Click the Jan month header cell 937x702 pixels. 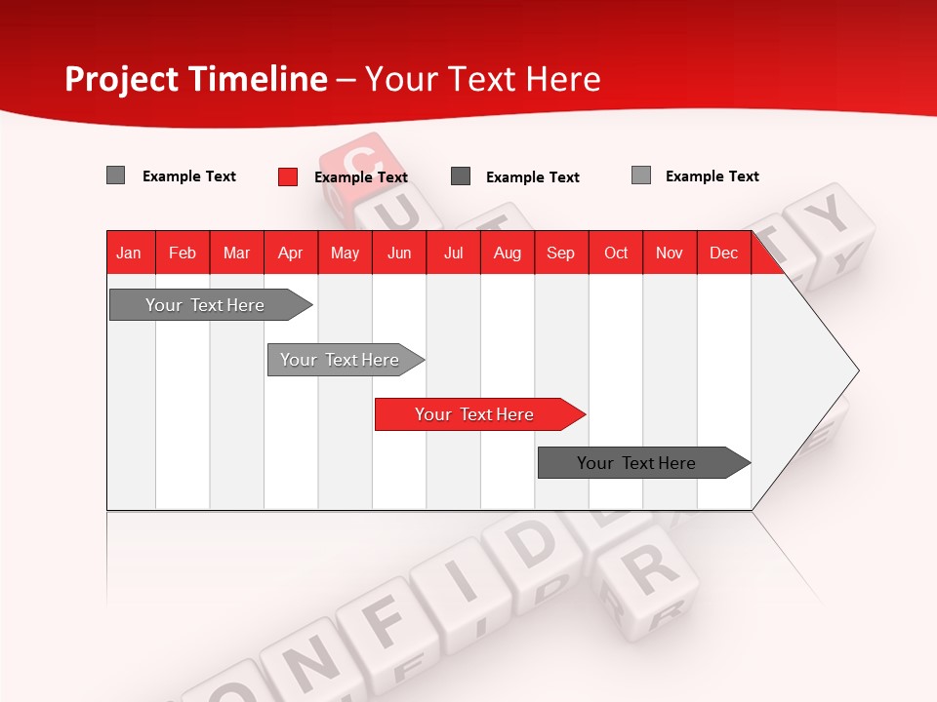(129, 253)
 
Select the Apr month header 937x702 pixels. (290, 253)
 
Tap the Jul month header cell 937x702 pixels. (453, 253)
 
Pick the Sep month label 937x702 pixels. (560, 253)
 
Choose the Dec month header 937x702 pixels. (723, 253)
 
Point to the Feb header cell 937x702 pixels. (183, 253)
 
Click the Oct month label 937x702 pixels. (616, 253)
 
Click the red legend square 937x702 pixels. (287, 176)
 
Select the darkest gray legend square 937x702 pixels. (461, 176)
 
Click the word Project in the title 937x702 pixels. (123, 79)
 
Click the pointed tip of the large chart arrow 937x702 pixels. (856, 370)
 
